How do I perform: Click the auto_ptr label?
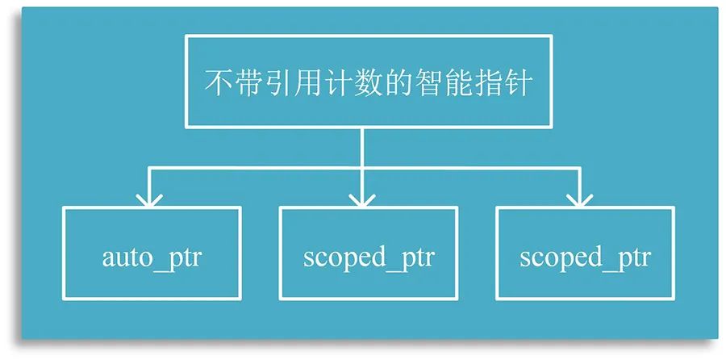tap(152, 259)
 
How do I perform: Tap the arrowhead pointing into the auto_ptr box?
tap(148, 199)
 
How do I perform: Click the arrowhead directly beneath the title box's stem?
tap(363, 199)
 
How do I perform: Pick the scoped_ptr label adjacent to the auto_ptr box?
tap(369, 259)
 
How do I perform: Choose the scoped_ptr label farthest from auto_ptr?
tap(585, 259)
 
